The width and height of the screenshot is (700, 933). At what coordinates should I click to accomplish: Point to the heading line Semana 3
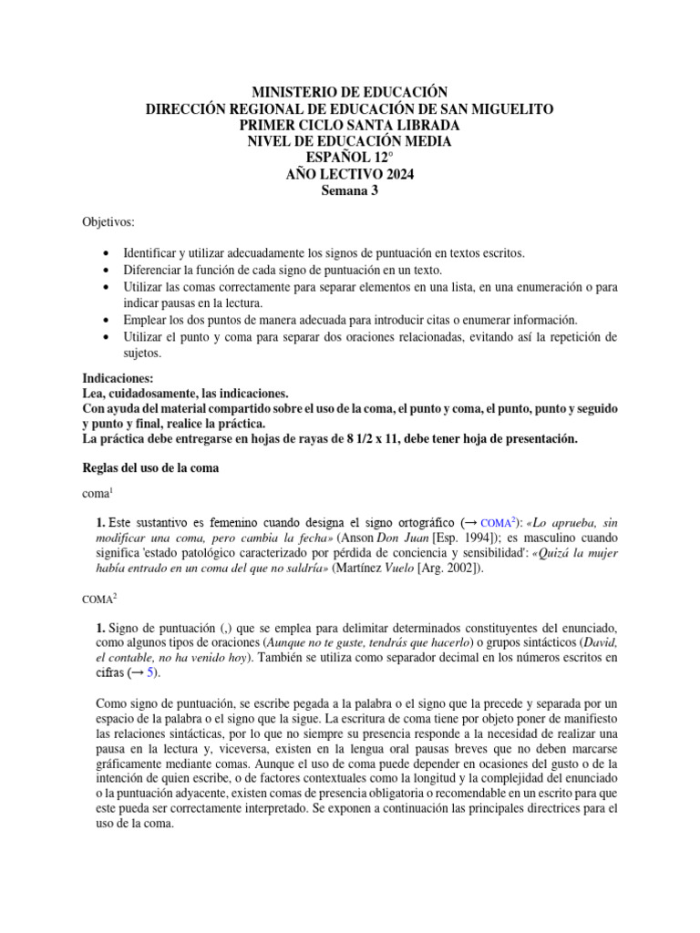tap(350, 190)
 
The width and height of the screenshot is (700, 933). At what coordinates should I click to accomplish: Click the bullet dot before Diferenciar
tap(109, 271)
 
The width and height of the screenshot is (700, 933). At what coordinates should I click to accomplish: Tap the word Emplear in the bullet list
tap(148, 320)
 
